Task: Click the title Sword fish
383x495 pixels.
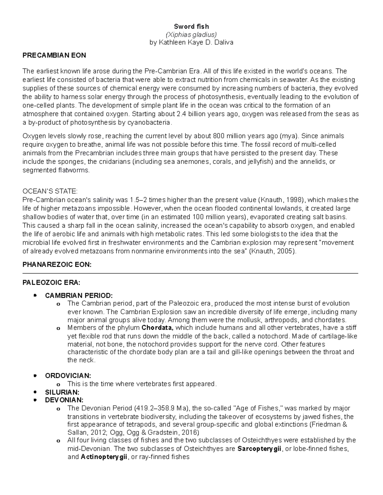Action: (x=191, y=26)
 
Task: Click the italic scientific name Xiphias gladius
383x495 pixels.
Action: (x=191, y=34)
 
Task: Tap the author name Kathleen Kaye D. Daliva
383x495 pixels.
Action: (x=191, y=42)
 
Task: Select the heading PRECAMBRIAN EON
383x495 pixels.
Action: (x=54, y=55)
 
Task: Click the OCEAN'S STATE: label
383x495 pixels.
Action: (x=50, y=192)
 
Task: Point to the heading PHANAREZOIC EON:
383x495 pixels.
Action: (x=57, y=265)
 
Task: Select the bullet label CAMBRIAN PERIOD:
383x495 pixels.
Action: (x=79, y=295)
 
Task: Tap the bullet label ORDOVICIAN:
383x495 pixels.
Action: (x=68, y=376)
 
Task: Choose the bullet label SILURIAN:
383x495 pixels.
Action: (x=62, y=392)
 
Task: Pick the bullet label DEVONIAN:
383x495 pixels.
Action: (x=64, y=400)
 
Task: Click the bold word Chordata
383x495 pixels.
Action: (x=157, y=328)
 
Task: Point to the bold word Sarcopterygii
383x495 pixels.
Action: (x=259, y=449)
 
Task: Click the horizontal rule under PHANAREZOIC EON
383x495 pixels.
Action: (x=190, y=273)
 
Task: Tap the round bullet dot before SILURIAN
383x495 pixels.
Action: (x=36, y=392)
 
